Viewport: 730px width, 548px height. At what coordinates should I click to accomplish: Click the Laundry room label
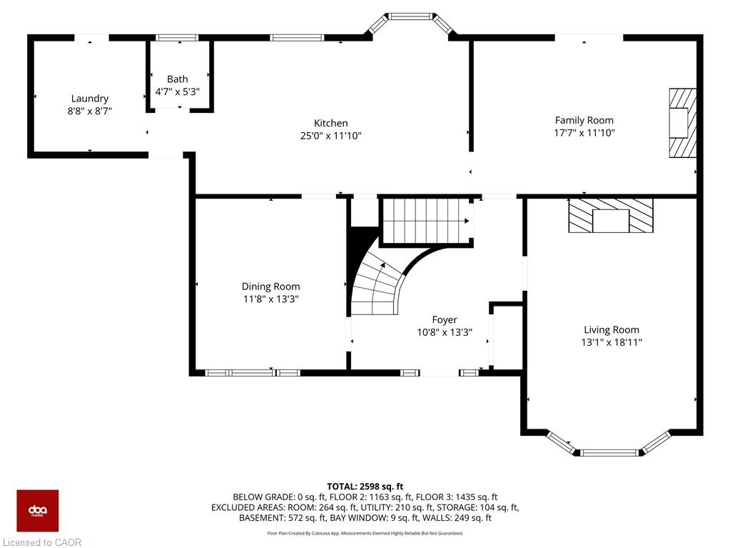click(x=89, y=99)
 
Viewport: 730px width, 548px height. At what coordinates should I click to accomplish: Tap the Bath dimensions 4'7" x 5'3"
click(x=178, y=91)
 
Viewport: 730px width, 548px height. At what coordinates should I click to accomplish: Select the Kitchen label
click(x=330, y=123)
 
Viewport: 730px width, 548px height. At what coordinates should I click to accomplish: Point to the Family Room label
click(x=584, y=120)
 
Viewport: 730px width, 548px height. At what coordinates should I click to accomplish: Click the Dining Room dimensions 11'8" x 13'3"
click(x=270, y=299)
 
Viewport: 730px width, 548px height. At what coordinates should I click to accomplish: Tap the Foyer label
click(x=444, y=320)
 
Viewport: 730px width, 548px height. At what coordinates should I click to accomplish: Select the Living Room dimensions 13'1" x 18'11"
click(x=612, y=342)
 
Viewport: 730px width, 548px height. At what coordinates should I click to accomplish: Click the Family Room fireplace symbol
click(x=682, y=123)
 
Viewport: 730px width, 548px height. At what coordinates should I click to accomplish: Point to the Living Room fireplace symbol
click(x=611, y=215)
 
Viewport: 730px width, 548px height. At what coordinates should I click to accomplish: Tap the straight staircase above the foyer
click(x=426, y=221)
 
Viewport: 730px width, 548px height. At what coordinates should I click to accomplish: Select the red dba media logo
click(x=38, y=511)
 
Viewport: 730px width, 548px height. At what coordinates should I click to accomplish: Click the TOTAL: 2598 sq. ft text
click(x=365, y=487)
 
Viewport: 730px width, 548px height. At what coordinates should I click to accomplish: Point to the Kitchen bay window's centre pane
click(x=410, y=16)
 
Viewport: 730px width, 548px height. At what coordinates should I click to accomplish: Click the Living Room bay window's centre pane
click(x=610, y=452)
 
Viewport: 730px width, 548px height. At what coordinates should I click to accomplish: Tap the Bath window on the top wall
click(x=177, y=38)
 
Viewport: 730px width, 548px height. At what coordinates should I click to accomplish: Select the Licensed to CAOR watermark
click(x=42, y=542)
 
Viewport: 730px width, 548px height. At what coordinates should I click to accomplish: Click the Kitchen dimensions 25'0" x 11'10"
click(x=330, y=136)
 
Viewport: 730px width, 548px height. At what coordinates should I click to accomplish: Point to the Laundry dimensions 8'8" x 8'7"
click(x=89, y=111)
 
